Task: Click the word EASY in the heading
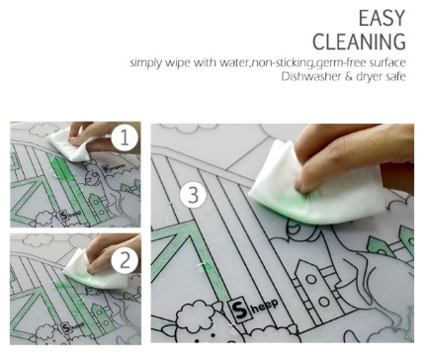pos(381,18)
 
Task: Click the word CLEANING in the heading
pos(359,42)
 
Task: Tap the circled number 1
pos(125,137)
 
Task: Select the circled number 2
pos(125,261)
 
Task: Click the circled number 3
pos(193,195)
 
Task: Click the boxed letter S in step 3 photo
pos(240,311)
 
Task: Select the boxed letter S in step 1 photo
pos(64,216)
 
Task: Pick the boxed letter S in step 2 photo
pos(66,327)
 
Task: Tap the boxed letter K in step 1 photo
pos(106,168)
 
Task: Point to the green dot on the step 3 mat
pos(208,266)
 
